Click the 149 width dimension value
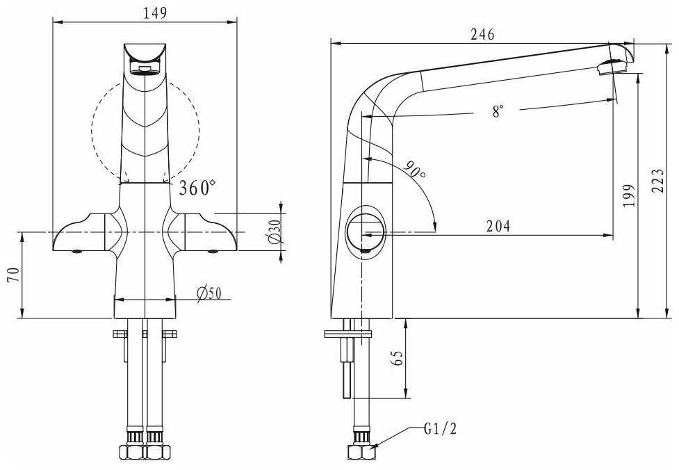(x=155, y=13)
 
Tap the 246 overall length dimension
(x=482, y=34)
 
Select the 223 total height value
(x=657, y=181)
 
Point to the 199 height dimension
(x=629, y=195)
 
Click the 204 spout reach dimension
(x=498, y=226)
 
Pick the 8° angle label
(x=498, y=111)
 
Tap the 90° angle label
(x=416, y=170)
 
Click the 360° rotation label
(x=197, y=188)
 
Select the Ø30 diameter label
(x=275, y=232)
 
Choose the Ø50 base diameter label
(x=208, y=293)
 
